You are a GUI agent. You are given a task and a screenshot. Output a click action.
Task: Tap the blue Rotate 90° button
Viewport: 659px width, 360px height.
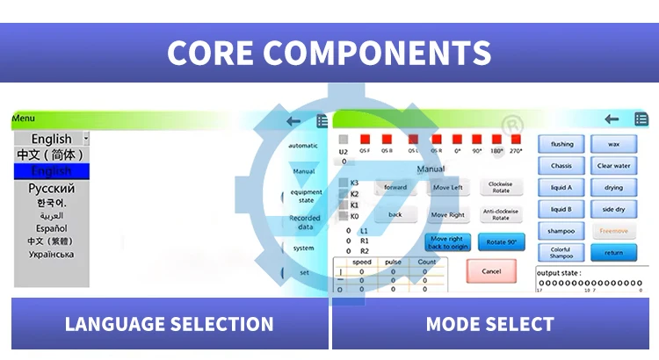coord(501,242)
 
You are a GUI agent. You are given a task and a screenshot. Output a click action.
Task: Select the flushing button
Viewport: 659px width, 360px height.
coord(561,144)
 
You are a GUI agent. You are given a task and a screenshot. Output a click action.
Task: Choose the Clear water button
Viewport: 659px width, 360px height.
coord(614,166)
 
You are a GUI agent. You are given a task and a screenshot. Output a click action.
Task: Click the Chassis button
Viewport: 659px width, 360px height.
coord(561,166)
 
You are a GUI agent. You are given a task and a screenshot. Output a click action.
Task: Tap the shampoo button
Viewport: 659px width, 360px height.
coord(561,231)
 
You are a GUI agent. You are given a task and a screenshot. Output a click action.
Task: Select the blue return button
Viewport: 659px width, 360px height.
coord(614,253)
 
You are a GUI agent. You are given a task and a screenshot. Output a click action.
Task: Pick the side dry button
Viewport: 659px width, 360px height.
coord(614,209)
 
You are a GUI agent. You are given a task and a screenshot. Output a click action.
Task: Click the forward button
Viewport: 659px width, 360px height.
coord(395,187)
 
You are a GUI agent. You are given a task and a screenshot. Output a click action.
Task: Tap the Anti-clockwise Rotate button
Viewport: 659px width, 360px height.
coord(501,214)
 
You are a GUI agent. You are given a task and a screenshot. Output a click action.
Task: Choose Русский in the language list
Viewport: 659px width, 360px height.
coord(52,188)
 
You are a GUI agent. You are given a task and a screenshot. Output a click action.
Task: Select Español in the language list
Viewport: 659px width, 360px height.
coord(52,228)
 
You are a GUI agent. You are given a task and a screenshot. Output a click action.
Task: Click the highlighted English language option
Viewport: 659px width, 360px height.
coord(52,171)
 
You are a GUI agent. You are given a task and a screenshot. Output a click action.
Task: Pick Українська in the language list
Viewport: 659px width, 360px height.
coord(52,255)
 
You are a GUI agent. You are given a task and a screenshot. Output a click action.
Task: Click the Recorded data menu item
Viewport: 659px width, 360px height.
coord(305,222)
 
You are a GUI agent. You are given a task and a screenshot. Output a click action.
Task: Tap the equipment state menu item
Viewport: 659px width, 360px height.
coord(306,196)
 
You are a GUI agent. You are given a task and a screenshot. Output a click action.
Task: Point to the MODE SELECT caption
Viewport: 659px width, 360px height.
coord(489,324)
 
